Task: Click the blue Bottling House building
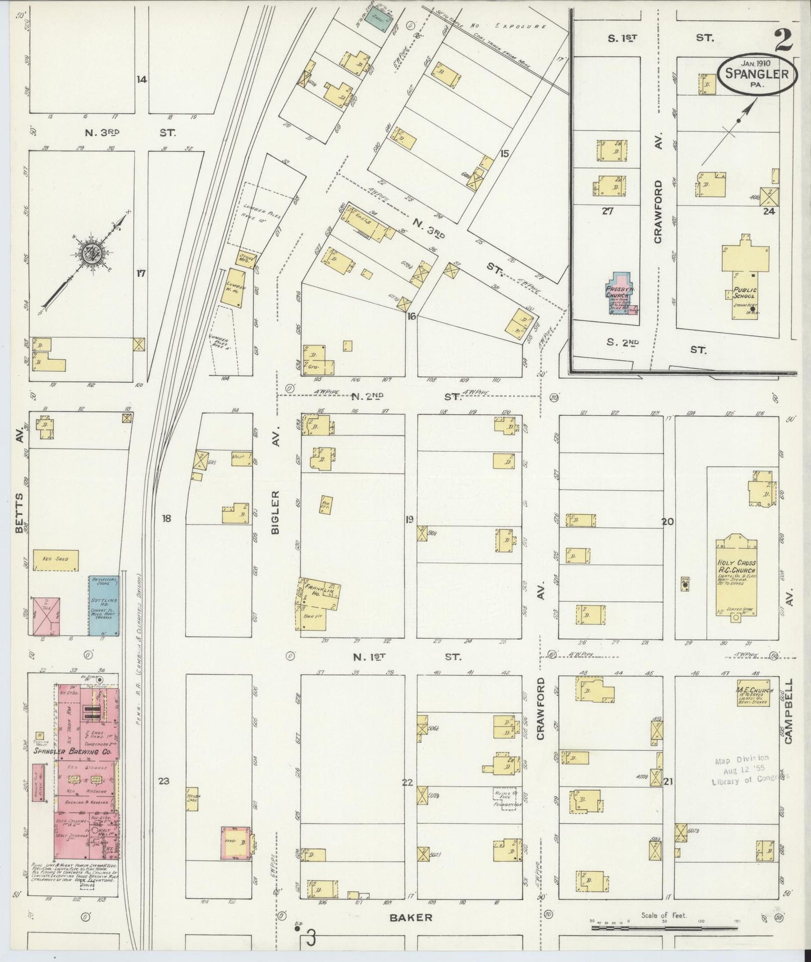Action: (x=104, y=605)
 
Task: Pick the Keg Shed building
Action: (x=55, y=560)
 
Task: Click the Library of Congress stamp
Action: (x=749, y=770)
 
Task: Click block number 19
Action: (x=410, y=519)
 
